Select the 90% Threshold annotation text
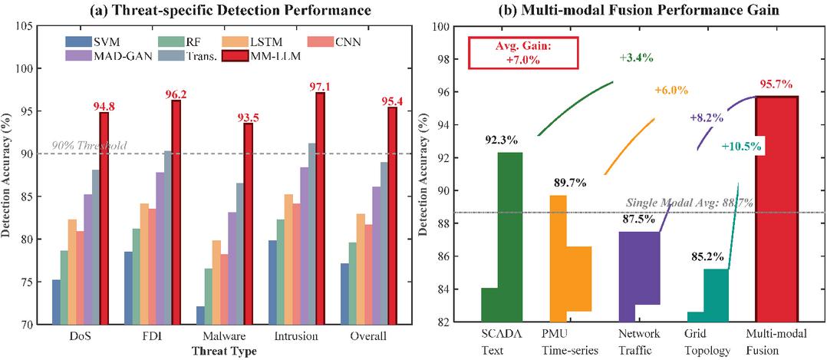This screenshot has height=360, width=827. (89, 146)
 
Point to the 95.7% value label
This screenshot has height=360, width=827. (778, 84)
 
